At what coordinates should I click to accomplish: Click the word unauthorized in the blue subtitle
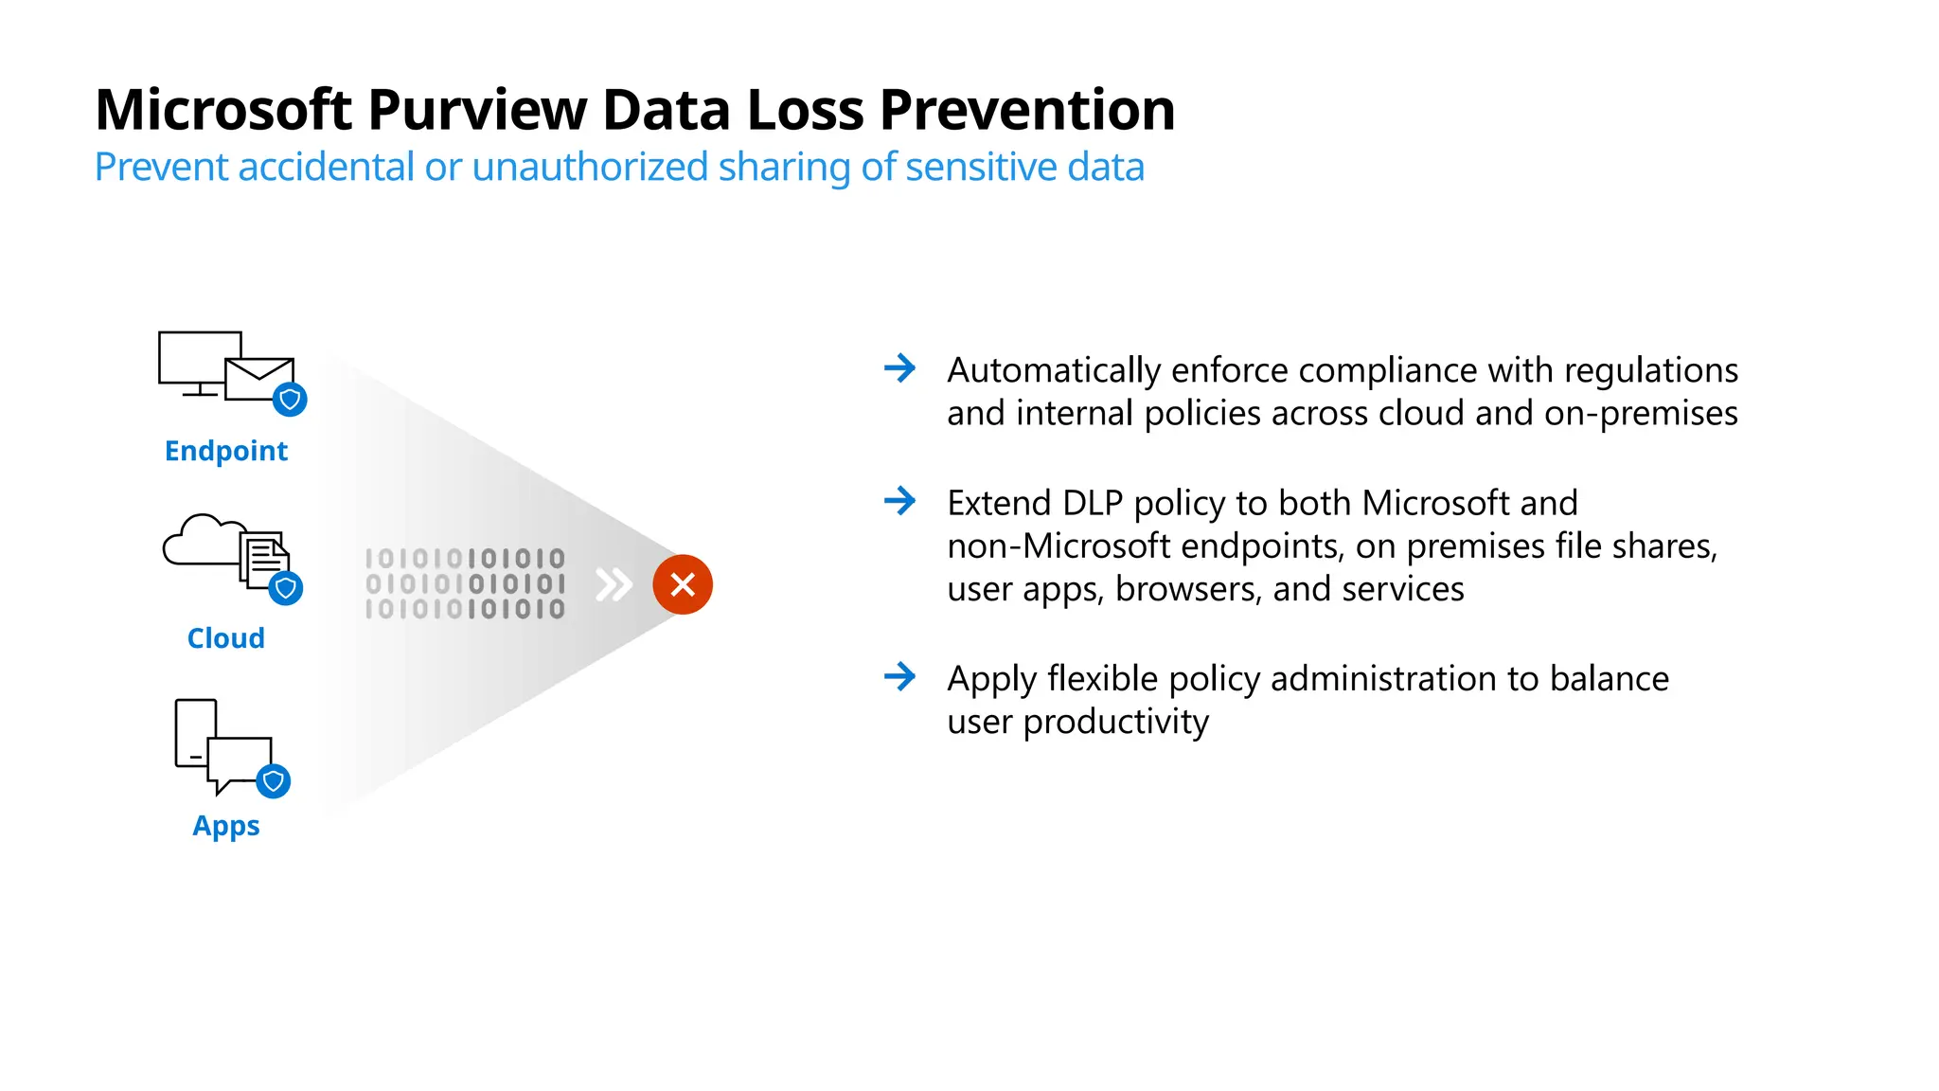tap(589, 168)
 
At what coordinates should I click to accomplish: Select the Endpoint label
tap(225, 451)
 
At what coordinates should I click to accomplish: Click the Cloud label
tap(225, 638)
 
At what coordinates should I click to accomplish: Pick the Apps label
tap(225, 826)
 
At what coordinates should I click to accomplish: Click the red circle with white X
tap(683, 584)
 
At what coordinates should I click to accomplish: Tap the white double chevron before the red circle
tap(614, 584)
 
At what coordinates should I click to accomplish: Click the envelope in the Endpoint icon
tap(258, 380)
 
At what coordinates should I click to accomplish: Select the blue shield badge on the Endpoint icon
tap(290, 400)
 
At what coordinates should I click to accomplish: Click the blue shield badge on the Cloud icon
tap(285, 588)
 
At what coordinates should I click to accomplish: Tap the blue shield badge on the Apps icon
tap(274, 781)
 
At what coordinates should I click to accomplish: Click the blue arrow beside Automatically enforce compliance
tap(899, 367)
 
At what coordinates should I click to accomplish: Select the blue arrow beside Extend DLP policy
tap(899, 500)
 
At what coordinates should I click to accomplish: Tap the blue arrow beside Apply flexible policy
tap(899, 676)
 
